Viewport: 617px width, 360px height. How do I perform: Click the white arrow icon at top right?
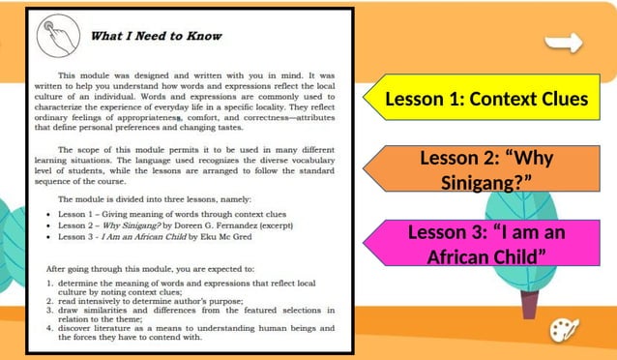pyautogui.click(x=564, y=43)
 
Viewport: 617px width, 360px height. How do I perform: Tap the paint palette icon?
pyautogui.click(x=564, y=329)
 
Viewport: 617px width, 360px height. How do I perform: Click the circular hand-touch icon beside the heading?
pyautogui.click(x=57, y=37)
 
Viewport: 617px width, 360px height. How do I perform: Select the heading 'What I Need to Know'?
pyautogui.click(x=156, y=37)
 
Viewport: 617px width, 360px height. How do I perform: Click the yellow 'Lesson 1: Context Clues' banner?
pyautogui.click(x=486, y=99)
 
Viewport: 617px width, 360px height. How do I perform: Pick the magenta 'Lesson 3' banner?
pyautogui.click(x=486, y=244)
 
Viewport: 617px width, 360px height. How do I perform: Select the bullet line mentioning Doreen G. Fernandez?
pyautogui.click(x=174, y=225)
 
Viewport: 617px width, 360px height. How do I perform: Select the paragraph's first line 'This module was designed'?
pyautogui.click(x=193, y=74)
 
